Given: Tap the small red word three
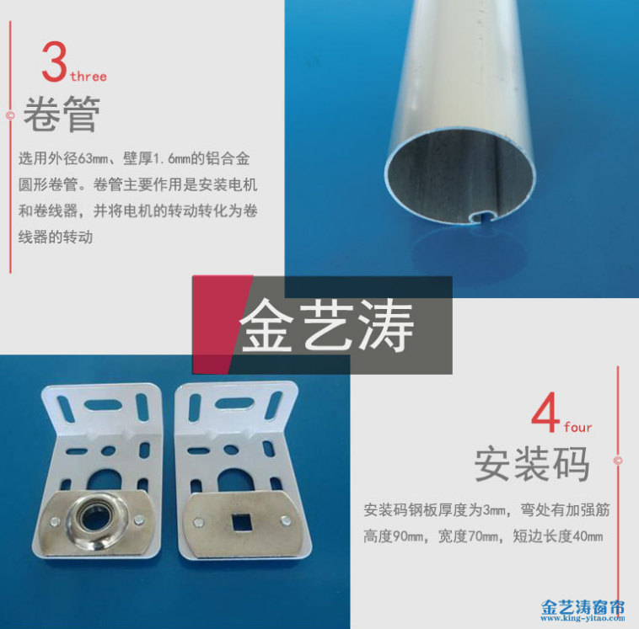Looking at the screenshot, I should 89,77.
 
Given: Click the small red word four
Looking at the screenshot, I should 578,428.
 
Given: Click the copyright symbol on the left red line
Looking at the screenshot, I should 10,115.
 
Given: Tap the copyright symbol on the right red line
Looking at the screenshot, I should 618,461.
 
